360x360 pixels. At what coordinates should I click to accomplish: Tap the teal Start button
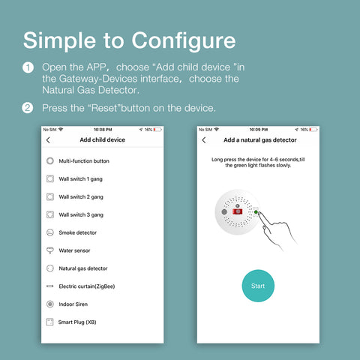click(x=258, y=286)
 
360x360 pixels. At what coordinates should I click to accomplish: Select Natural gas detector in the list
click(x=83, y=268)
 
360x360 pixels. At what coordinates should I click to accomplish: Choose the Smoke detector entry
click(x=78, y=232)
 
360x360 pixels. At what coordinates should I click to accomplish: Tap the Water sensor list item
click(x=74, y=250)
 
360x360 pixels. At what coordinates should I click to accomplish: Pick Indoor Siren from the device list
click(x=73, y=304)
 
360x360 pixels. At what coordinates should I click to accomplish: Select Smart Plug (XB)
click(x=77, y=322)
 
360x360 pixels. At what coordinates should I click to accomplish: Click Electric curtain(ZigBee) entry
click(x=87, y=286)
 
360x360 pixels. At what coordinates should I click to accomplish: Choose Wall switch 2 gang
click(x=81, y=197)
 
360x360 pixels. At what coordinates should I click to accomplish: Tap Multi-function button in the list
click(x=84, y=161)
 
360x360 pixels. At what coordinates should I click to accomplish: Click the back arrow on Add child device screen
click(x=48, y=140)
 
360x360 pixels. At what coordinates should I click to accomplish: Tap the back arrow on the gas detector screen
click(x=204, y=140)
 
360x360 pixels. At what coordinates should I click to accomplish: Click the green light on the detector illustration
click(x=256, y=212)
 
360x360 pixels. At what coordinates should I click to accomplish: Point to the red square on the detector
click(x=238, y=211)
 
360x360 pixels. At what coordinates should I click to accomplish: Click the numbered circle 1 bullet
click(x=28, y=67)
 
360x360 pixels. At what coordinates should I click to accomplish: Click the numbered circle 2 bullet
click(x=28, y=108)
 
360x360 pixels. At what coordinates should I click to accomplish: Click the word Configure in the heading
click(x=184, y=41)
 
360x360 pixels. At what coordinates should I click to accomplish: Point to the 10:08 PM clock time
click(x=103, y=130)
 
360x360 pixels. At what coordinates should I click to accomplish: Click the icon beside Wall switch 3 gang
click(x=50, y=214)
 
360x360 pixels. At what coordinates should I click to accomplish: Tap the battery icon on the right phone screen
click(x=313, y=130)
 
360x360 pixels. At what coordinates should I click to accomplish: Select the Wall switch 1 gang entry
click(x=80, y=179)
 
